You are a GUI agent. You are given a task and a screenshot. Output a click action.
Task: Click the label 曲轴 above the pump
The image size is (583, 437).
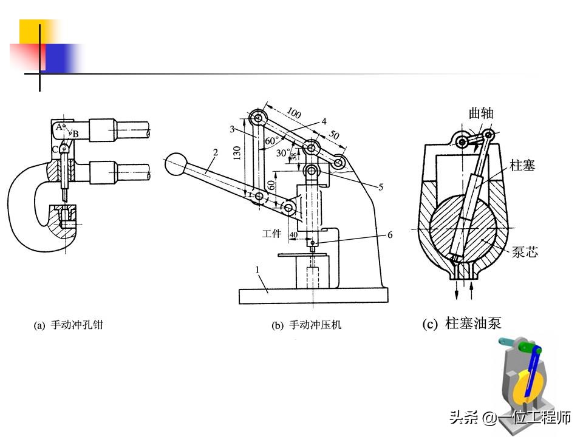pos(481,113)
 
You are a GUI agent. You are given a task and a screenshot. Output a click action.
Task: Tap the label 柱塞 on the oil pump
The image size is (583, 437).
pos(522,165)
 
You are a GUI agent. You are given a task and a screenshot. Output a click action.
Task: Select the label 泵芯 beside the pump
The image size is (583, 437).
pos(525,252)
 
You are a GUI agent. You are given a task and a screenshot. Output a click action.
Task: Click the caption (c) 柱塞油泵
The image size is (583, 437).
pos(462,324)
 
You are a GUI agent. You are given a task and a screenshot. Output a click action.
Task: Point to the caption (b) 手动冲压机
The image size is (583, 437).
pos(306,325)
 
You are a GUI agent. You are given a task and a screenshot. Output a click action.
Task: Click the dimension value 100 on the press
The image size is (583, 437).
pos(294,113)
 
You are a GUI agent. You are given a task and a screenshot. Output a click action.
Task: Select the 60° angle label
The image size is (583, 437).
pos(272,141)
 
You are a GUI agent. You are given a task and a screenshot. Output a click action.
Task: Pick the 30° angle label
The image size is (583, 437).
pos(283,153)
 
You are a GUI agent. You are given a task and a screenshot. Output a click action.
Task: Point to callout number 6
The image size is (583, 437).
pos(389,234)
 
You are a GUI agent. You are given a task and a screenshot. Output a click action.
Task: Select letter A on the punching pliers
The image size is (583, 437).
pos(58,127)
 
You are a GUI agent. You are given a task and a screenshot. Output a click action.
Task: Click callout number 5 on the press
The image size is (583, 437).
pos(381,188)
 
